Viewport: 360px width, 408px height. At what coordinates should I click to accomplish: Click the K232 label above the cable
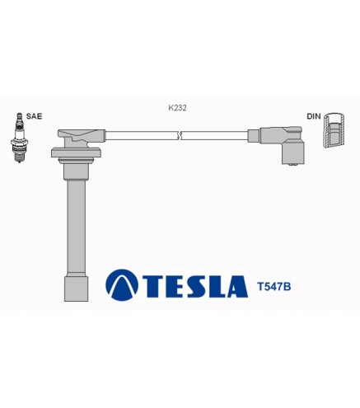click(x=177, y=108)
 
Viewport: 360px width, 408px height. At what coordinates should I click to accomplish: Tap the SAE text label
click(x=34, y=116)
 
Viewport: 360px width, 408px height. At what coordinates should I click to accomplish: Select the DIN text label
click(x=314, y=116)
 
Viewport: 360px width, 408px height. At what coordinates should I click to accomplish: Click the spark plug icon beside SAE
click(x=19, y=138)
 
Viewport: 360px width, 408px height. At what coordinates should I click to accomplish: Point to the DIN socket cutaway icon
click(x=334, y=130)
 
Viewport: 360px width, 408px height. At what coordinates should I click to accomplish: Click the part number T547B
click(x=274, y=287)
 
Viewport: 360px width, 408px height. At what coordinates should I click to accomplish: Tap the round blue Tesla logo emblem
click(x=122, y=285)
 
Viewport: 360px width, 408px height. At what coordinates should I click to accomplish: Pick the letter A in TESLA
click(x=236, y=287)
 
